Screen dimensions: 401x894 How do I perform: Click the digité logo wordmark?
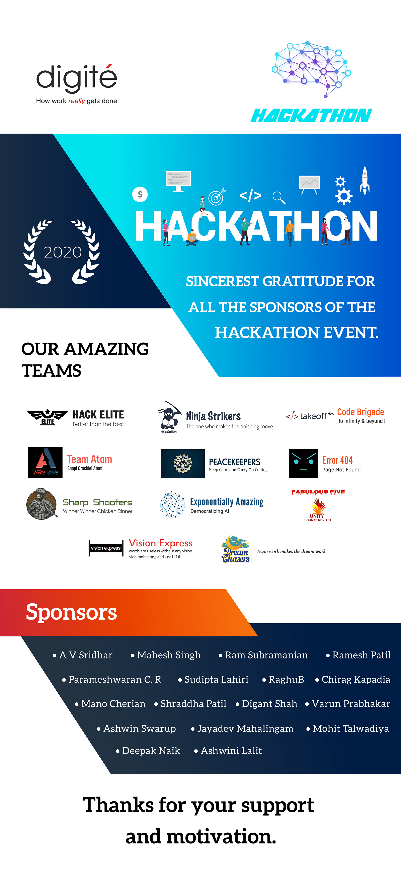click(x=77, y=78)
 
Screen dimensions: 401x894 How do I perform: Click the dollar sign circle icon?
click(x=140, y=194)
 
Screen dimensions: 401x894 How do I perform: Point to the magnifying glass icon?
click(x=278, y=197)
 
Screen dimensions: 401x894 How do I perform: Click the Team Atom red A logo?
click(x=45, y=463)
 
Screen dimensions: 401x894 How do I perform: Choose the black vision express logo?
click(x=106, y=548)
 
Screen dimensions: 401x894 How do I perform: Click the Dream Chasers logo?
click(x=236, y=549)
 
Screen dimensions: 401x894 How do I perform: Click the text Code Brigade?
click(x=361, y=412)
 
